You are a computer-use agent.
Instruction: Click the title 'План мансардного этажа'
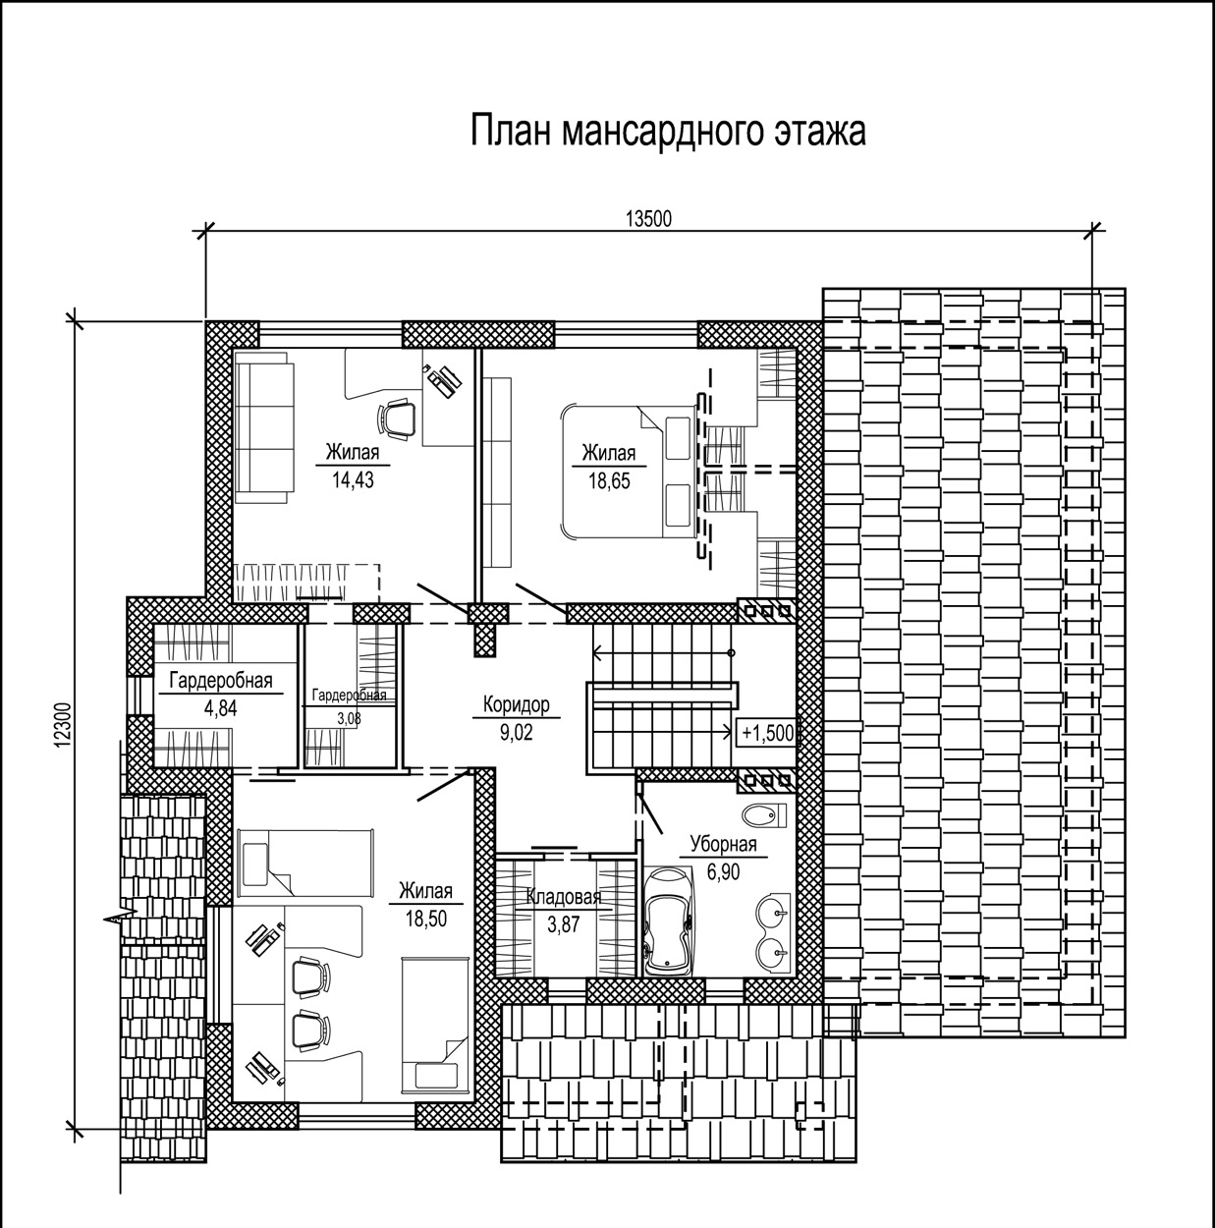(x=668, y=131)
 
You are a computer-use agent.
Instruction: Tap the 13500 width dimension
(x=649, y=219)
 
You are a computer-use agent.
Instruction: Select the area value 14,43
(x=353, y=479)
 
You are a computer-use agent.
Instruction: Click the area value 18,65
(x=609, y=480)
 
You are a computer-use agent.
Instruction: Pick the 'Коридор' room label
(x=517, y=704)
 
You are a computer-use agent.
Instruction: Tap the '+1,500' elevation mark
(x=767, y=734)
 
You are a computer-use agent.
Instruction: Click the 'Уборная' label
(x=724, y=845)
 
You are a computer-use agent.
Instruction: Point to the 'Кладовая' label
(x=564, y=897)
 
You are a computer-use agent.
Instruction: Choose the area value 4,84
(x=221, y=707)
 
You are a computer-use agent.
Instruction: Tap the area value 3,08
(x=350, y=719)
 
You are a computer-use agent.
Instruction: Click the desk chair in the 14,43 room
(x=397, y=419)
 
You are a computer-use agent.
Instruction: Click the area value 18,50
(x=426, y=919)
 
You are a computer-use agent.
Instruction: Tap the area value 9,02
(x=517, y=732)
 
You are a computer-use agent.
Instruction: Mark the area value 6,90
(x=724, y=871)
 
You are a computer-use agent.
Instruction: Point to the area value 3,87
(x=564, y=924)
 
